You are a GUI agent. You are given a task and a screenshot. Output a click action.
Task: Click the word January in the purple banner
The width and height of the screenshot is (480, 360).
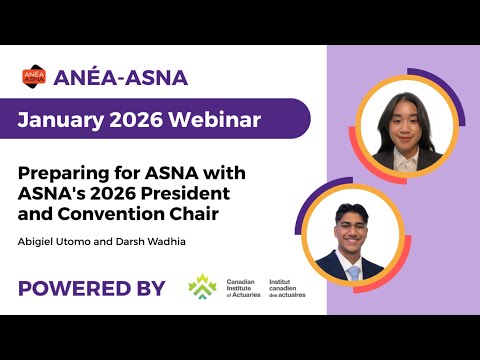[x=64, y=120]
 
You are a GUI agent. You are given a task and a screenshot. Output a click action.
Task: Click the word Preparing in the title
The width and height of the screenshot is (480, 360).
[x=68, y=172]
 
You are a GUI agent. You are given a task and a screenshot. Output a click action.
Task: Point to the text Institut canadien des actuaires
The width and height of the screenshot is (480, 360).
[x=288, y=288]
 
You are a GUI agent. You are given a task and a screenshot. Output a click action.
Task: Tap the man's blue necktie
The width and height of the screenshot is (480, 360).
[x=353, y=271]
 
